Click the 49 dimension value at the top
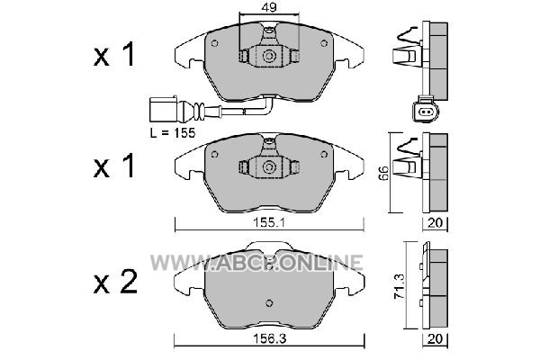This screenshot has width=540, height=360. pyautogui.click(x=269, y=7)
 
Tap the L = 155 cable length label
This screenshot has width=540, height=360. pyautogui.click(x=173, y=132)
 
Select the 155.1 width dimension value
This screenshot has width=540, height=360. pyautogui.click(x=269, y=223)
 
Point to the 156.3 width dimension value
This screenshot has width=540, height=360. pyautogui.click(x=270, y=339)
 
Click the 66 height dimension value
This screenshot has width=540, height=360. pyautogui.click(x=383, y=173)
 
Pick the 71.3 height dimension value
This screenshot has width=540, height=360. pyautogui.click(x=400, y=285)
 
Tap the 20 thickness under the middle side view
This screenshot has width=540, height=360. pyautogui.click(x=435, y=223)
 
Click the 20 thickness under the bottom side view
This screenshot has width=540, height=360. pyautogui.click(x=435, y=339)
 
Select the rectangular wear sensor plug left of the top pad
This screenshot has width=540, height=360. pyautogui.click(x=163, y=109)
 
